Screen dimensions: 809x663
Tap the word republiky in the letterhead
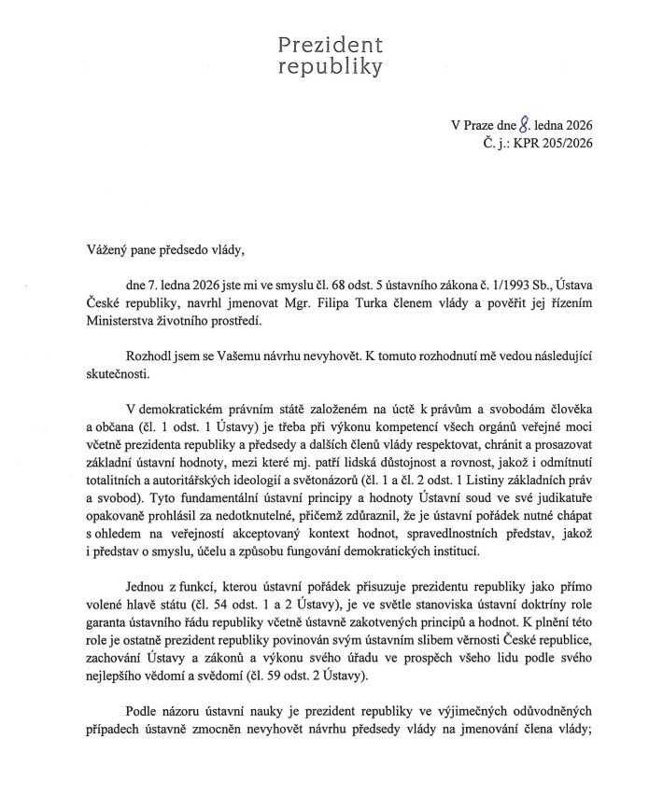(331, 67)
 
